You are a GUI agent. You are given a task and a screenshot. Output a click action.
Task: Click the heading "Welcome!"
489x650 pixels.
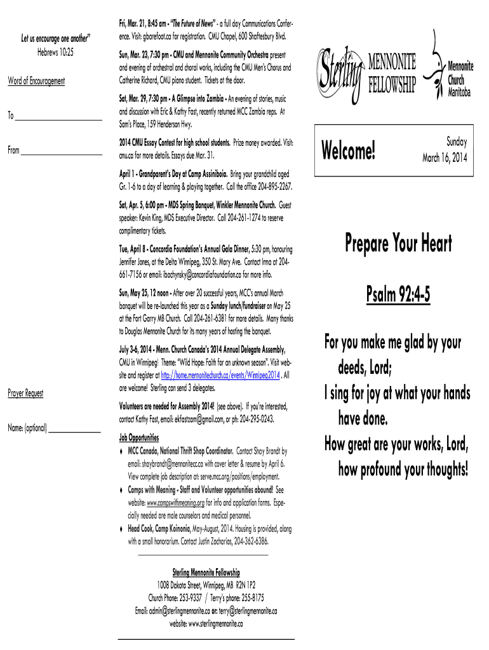[349, 151]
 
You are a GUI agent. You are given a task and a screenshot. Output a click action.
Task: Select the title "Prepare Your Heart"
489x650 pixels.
[399, 242]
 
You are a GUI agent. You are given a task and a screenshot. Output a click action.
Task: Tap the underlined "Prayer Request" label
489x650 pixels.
[25, 394]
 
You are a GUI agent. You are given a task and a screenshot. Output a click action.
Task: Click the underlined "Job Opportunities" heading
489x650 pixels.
[139, 437]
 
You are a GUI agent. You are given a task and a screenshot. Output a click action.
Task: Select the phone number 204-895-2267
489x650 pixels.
[272, 187]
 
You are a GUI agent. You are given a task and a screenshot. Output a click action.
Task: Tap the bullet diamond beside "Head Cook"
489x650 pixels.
[121, 529]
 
